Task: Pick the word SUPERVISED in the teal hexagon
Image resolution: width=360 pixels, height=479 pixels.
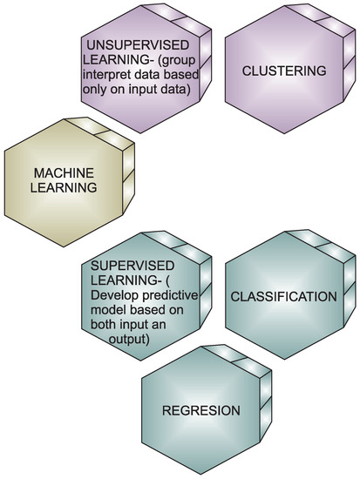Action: coord(124,264)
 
